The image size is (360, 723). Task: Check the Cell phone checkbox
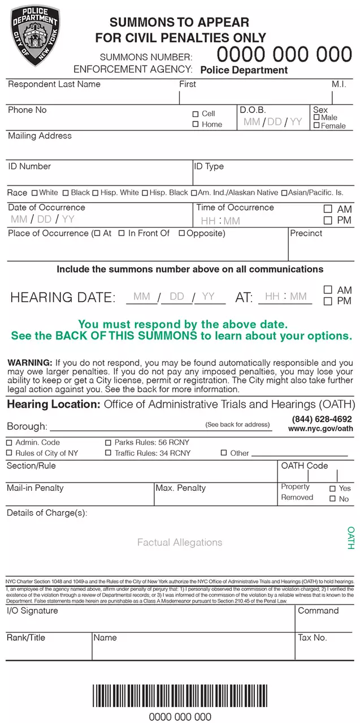196,114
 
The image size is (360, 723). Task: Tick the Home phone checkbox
196,124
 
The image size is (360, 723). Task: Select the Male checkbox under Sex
316,117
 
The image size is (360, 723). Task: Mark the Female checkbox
316,125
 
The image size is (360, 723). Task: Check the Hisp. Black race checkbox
145,193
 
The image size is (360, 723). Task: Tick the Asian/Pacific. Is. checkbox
284,193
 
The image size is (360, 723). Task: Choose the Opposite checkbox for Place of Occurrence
181,233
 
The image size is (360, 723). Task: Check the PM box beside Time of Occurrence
328,220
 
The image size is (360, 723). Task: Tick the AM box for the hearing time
328,290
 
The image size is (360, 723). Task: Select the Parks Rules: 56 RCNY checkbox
109,443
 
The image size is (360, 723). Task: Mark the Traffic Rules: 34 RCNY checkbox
109,453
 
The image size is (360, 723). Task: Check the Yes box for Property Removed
332,489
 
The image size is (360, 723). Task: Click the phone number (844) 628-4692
322,419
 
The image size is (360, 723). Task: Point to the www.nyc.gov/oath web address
320,429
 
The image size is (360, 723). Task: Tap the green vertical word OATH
350,538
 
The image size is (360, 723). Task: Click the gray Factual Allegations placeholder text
180,542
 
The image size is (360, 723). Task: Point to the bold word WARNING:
30,363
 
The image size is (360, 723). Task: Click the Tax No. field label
312,638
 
